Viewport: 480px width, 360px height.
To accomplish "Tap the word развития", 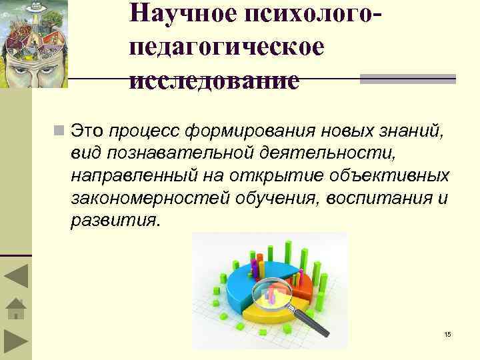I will point(115,221).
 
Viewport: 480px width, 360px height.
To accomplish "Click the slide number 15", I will point(447,334).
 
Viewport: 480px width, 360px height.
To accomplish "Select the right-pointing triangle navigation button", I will point(15,342).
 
